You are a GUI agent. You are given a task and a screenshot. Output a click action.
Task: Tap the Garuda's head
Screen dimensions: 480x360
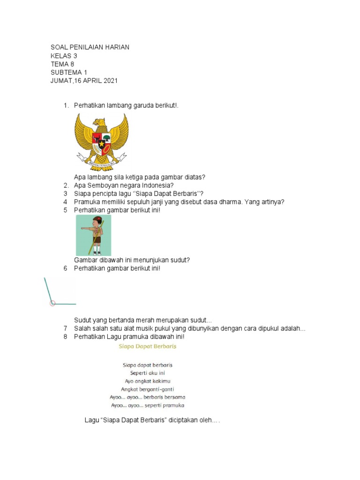coord(100,123)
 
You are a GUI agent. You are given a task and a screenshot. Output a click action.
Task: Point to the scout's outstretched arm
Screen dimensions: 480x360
coord(87,229)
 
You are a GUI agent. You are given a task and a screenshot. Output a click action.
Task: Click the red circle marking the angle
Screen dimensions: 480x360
coord(52,303)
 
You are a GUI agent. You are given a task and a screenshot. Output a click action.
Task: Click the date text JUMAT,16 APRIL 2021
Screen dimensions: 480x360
coord(84,81)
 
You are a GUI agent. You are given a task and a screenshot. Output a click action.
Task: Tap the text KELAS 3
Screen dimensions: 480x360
coord(64,56)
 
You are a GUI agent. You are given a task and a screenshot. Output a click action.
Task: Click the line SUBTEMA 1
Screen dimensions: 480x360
coord(69,72)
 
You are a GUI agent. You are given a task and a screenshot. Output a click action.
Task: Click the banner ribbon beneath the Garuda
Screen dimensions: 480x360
coord(101,165)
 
